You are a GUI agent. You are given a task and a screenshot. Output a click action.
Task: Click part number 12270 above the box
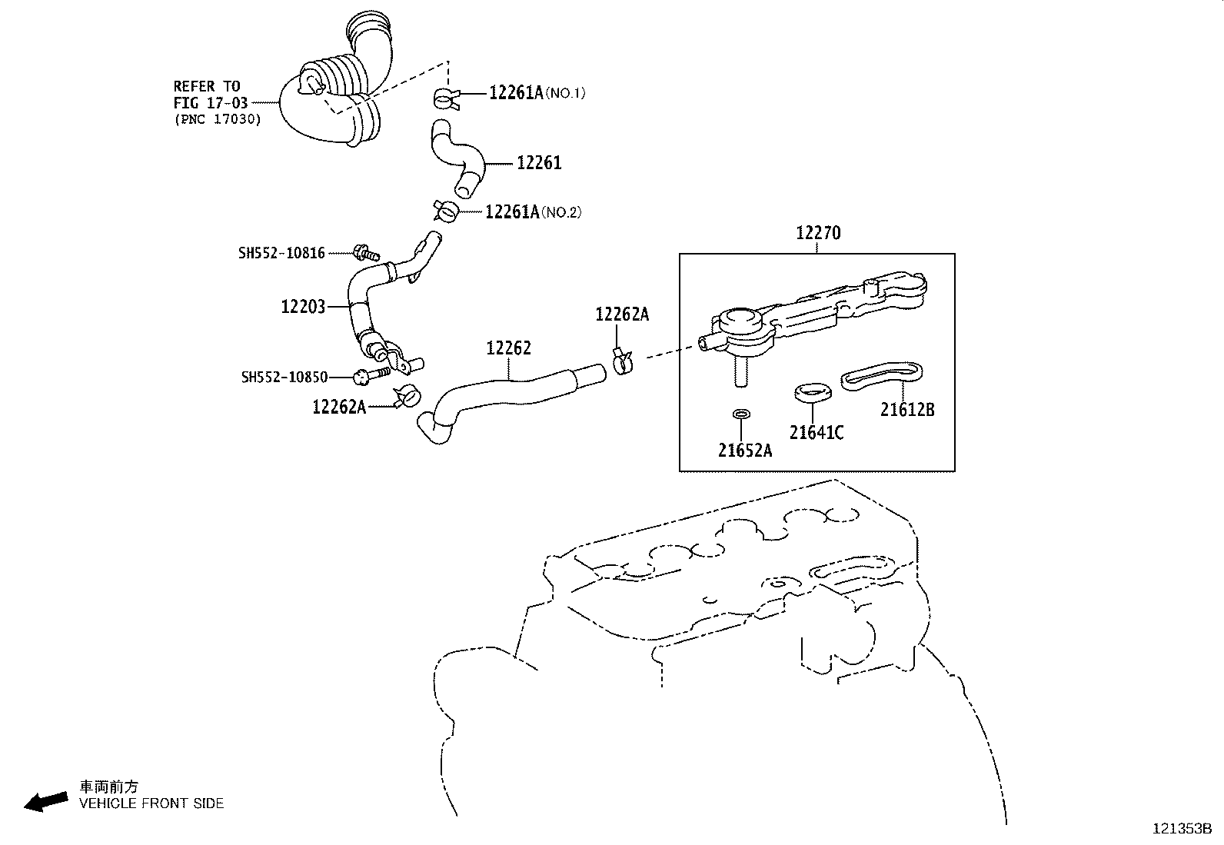point(818,232)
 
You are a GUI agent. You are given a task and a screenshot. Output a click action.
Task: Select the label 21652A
point(745,451)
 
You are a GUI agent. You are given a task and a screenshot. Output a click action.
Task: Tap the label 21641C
point(817,433)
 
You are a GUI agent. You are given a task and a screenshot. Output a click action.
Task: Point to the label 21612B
point(907,410)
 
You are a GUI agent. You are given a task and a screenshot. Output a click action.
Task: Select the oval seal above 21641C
point(813,392)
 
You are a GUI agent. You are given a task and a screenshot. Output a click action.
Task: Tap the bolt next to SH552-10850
point(371,376)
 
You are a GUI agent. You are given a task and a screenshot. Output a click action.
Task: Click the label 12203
point(304,307)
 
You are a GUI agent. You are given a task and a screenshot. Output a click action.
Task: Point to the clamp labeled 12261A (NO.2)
point(447,210)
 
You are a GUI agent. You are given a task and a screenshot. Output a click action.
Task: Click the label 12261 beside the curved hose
point(539,163)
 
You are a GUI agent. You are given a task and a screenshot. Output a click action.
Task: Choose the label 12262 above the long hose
point(508,348)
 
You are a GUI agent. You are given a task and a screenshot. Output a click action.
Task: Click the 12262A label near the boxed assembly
point(622,314)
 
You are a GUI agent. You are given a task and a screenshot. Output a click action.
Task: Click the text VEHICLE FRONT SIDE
point(151,803)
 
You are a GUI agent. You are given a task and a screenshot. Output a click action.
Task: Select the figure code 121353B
point(1182,829)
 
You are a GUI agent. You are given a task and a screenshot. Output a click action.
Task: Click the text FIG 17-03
point(210,102)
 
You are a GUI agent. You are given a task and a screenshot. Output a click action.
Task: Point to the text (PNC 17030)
point(218,119)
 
